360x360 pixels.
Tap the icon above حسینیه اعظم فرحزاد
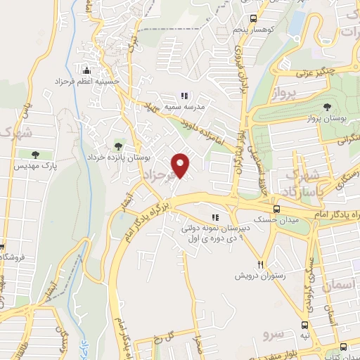coord(86,70)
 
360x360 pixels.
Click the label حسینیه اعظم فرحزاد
coord(88,82)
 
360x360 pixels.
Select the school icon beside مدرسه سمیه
coord(185,96)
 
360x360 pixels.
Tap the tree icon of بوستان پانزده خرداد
coord(117,146)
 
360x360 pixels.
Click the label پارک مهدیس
coord(35,166)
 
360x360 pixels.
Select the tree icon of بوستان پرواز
coord(327,108)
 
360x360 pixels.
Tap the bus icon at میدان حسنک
coord(276,209)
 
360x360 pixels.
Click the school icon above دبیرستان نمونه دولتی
coord(216,217)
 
